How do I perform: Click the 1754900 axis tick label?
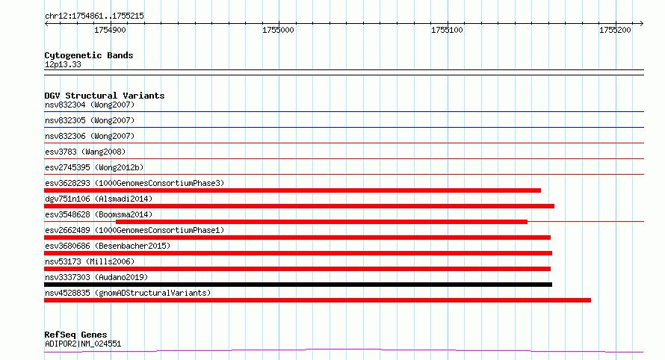pyautogui.click(x=110, y=30)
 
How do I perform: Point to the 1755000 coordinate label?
pyautogui.click(x=278, y=30)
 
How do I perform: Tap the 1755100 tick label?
pyautogui.click(x=447, y=30)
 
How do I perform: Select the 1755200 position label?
pyautogui.click(x=615, y=30)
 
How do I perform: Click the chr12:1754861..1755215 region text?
pyautogui.click(x=95, y=16)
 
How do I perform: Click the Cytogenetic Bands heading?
pyautogui.click(x=89, y=55)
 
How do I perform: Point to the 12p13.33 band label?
pyautogui.click(x=63, y=64)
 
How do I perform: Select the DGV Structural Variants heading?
pyautogui.click(x=105, y=96)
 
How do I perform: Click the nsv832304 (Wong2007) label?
pyautogui.click(x=90, y=105)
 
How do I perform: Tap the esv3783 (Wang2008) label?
pyautogui.click(x=85, y=152)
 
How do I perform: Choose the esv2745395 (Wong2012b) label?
pyautogui.click(x=94, y=167)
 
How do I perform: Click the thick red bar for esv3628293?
pyautogui.click(x=293, y=190)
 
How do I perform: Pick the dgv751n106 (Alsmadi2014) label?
pyautogui.click(x=99, y=199)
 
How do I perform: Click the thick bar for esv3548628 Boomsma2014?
pyautogui.click(x=321, y=222)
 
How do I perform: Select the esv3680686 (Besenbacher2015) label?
pyautogui.click(x=108, y=246)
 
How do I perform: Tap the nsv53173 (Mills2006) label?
pyautogui.click(x=90, y=261)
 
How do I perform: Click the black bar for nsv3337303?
pyautogui.click(x=298, y=285)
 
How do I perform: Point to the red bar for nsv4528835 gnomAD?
pyautogui.click(x=318, y=300)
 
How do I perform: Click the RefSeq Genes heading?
pyautogui.click(x=76, y=335)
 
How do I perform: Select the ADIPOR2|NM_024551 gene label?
pyautogui.click(x=83, y=344)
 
